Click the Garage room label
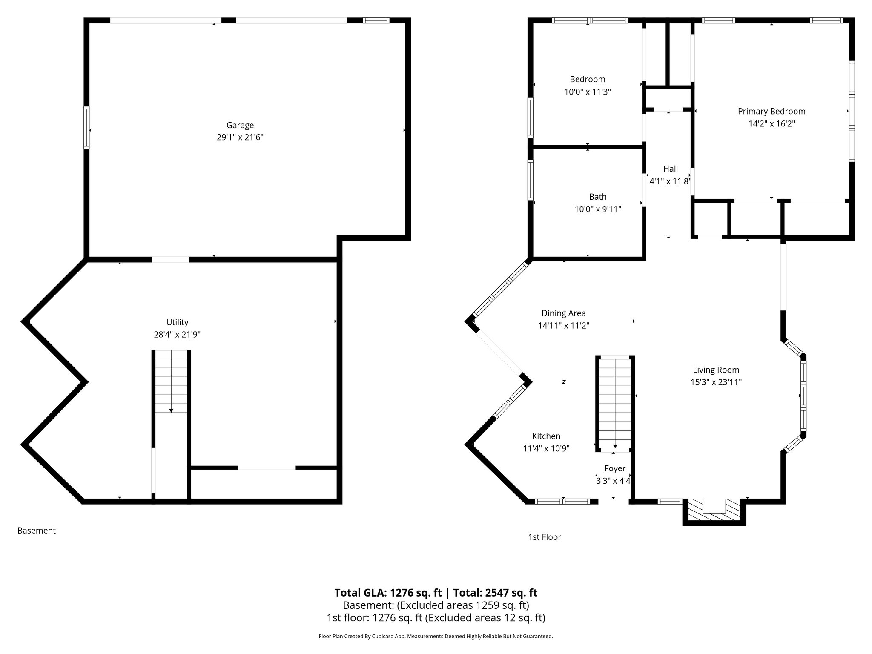(240, 125)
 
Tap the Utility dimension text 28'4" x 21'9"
(177, 335)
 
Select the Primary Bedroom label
(772, 112)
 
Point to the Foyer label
(615, 468)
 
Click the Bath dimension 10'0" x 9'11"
(598, 209)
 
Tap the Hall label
(670, 169)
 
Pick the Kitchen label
(546, 436)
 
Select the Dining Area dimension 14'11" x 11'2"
(563, 326)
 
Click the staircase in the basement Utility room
(171, 381)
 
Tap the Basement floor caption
(37, 531)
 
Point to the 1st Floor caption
(545, 537)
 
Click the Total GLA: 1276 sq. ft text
(388, 593)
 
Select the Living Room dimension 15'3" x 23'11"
(716, 382)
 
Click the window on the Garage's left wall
(87, 128)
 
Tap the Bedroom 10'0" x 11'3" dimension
(588, 92)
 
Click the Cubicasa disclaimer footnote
(436, 637)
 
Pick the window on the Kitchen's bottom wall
(562, 502)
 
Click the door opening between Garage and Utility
(170, 259)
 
